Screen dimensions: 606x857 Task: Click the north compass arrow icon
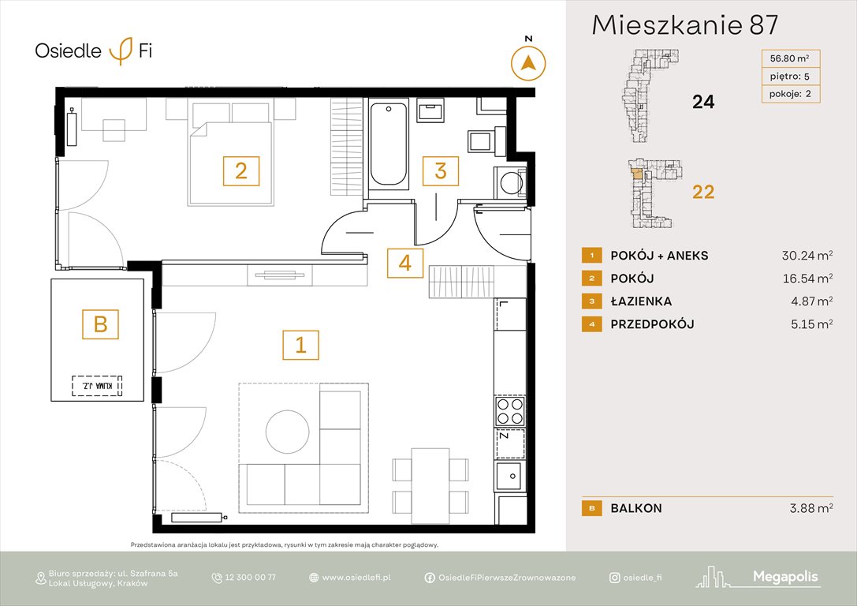(529, 62)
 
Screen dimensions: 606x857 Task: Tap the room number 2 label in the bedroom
(241, 170)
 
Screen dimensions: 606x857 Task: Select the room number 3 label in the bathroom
(441, 170)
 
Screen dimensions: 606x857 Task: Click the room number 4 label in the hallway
(404, 264)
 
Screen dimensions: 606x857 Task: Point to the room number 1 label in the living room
(300, 344)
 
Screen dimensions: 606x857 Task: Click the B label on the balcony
(100, 323)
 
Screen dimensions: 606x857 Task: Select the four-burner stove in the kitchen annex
(509, 411)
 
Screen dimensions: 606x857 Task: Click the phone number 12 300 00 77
(251, 578)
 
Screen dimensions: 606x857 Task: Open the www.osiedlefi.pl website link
(356, 578)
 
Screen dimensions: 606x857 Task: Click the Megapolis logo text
(785, 578)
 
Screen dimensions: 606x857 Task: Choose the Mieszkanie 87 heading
(684, 25)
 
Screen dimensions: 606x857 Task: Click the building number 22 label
(702, 192)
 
